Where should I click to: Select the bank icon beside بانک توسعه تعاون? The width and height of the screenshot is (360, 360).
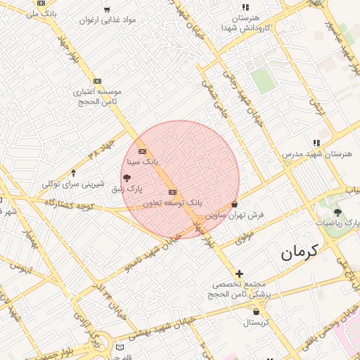[x=172, y=193]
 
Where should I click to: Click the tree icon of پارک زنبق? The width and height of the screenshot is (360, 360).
[x=127, y=179]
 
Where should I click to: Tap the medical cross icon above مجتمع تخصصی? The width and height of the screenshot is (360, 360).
[x=240, y=274]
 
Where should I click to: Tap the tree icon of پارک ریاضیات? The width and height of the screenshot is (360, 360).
[x=337, y=212]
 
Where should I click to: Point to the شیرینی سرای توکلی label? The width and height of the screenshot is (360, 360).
[x=73, y=184]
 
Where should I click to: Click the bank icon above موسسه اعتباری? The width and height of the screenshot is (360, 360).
[x=97, y=81]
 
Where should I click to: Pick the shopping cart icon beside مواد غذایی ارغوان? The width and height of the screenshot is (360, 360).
[x=107, y=9]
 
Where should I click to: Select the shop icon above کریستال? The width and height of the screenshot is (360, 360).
[x=256, y=311]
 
